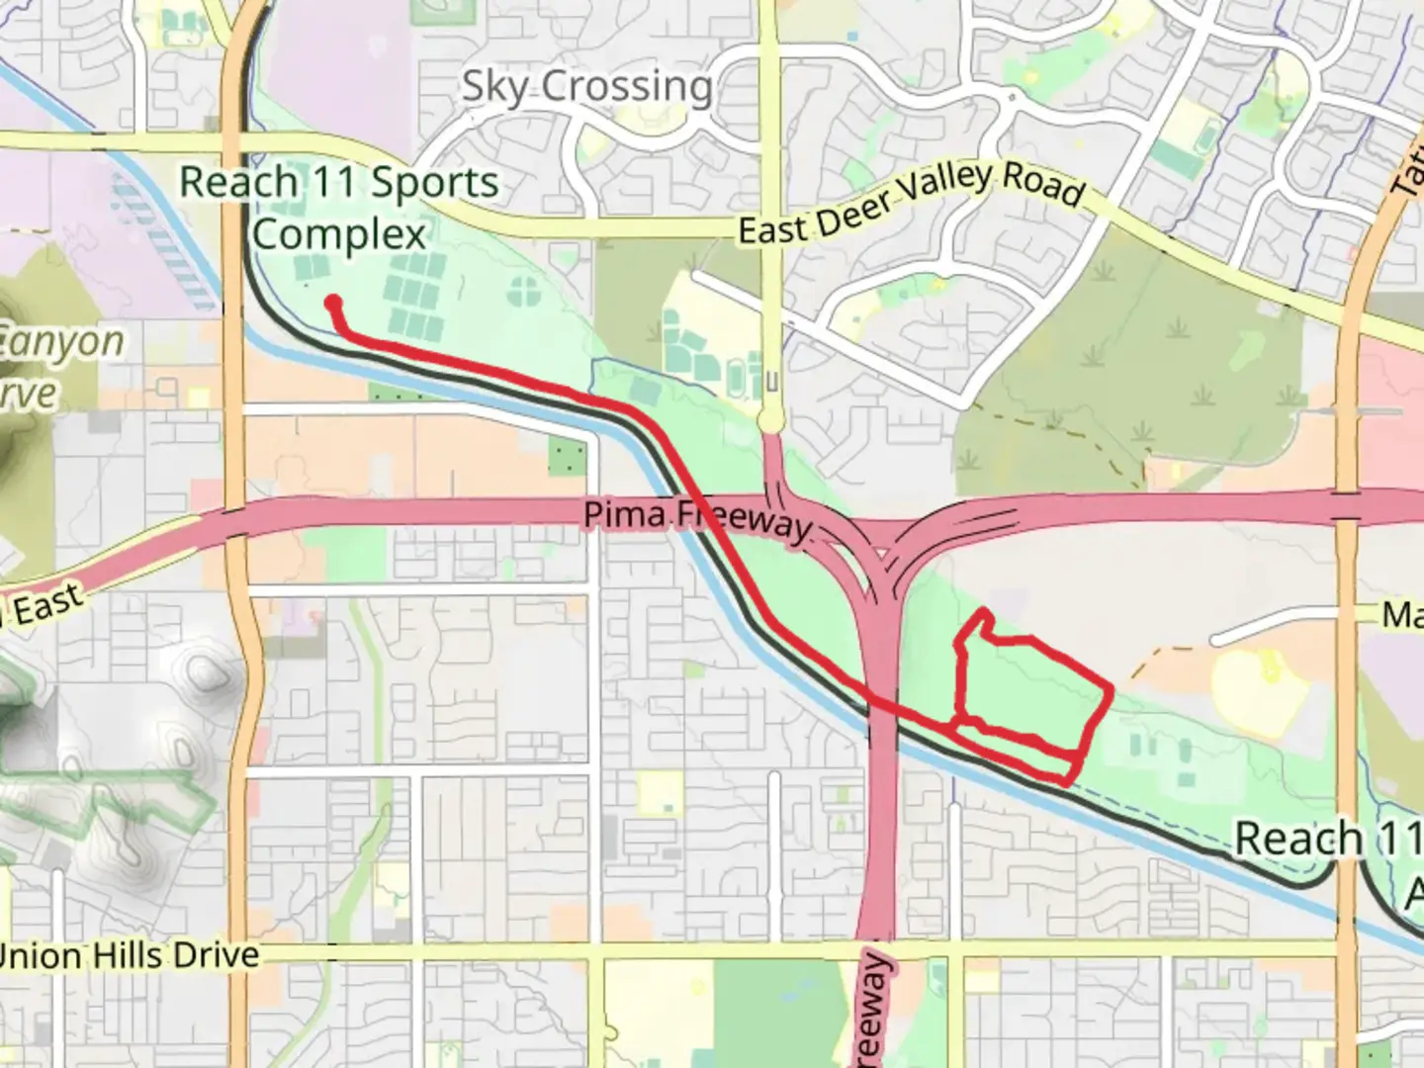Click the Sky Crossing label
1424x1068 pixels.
(x=586, y=86)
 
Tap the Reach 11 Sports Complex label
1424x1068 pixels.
(x=338, y=208)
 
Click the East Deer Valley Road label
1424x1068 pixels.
(x=911, y=203)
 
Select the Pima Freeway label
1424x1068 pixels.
(x=697, y=517)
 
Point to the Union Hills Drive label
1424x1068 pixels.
(x=129, y=956)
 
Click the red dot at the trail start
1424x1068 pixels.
(x=333, y=303)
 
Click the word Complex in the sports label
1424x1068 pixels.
(x=338, y=234)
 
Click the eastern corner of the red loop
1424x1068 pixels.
(x=1111, y=689)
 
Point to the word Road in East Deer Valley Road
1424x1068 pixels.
(x=1043, y=183)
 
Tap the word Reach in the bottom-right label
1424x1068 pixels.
(x=1298, y=839)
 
